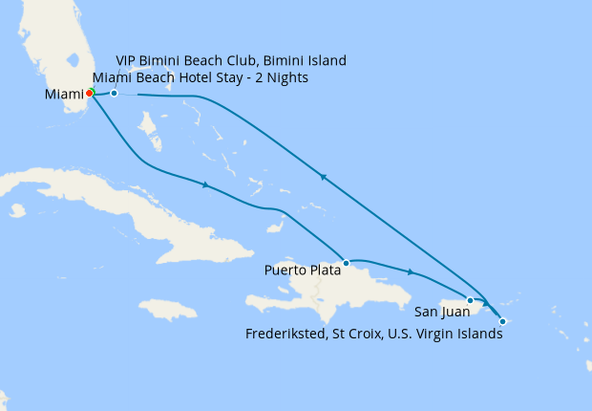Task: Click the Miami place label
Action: coord(64,95)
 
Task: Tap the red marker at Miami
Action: coord(89,93)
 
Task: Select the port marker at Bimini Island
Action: coord(114,93)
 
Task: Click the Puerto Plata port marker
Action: coord(346,261)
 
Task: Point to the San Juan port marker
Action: coord(470,300)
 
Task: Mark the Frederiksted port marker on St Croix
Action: coord(502,321)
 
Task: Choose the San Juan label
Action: coord(441,311)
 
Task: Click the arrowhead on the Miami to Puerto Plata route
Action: coord(206,184)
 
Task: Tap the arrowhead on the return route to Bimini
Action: coord(324,177)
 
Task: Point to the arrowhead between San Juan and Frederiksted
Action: coord(486,304)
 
